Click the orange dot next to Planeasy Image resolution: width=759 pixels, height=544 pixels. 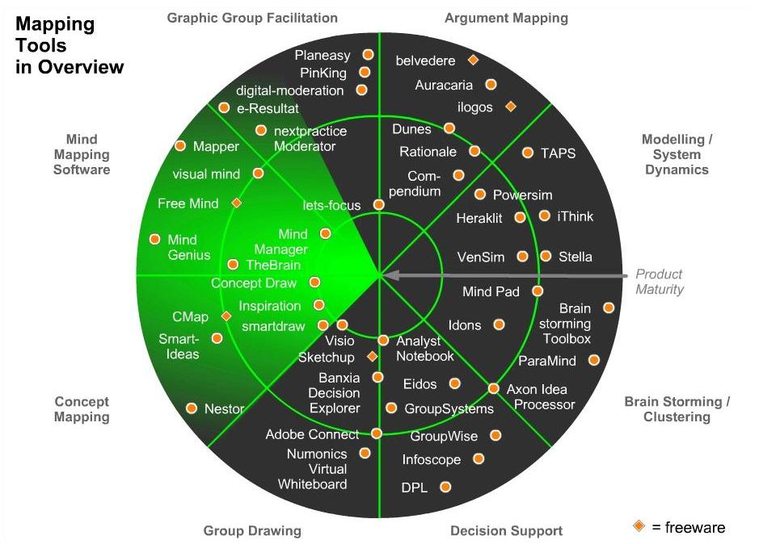point(368,54)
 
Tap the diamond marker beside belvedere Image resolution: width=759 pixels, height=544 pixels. point(473,60)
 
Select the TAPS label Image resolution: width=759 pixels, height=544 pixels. point(559,153)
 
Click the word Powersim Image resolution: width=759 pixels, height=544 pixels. point(522,195)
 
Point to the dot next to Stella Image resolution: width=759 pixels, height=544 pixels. point(546,256)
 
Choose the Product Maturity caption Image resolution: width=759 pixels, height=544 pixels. point(659,282)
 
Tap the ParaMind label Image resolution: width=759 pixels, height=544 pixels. point(552,361)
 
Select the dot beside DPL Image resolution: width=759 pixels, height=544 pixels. point(445,487)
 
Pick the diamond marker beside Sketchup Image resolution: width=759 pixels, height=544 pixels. point(373,356)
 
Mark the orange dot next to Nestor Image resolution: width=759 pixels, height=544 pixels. point(192,408)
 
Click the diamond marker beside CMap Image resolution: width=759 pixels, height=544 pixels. point(226,316)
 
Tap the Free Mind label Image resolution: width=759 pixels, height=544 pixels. point(188,203)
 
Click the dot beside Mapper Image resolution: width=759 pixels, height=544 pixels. point(180,146)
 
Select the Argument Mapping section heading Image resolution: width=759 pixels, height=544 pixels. point(506,18)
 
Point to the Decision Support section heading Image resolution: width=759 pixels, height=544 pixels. point(506,531)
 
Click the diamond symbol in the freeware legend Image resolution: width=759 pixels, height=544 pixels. point(639,526)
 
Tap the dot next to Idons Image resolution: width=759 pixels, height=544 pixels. point(500,324)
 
